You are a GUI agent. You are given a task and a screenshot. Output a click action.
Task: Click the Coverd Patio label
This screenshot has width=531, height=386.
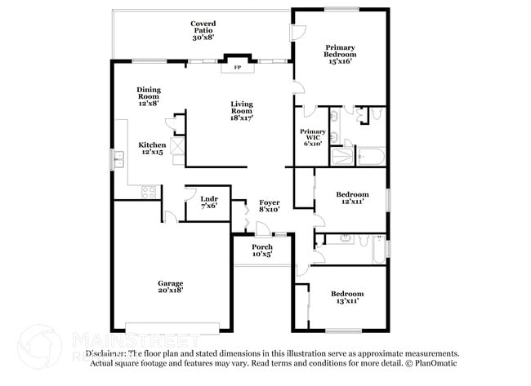tap(203, 31)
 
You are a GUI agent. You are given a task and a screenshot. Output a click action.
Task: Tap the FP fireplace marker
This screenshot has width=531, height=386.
tap(238, 68)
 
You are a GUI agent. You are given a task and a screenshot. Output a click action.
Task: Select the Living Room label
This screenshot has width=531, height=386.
tap(241, 109)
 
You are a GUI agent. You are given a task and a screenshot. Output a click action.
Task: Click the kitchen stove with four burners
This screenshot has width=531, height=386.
tap(149, 192)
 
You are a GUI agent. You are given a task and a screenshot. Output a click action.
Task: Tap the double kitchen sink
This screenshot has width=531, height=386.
tap(121, 159)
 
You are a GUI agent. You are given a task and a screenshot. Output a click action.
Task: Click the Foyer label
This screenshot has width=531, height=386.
tap(270, 206)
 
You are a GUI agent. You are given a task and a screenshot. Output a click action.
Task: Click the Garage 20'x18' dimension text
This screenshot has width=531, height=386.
tap(171, 290)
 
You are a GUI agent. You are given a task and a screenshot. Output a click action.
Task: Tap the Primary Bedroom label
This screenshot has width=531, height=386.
tap(340, 55)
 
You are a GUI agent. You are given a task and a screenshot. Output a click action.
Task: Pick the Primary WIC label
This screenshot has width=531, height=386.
tap(312, 136)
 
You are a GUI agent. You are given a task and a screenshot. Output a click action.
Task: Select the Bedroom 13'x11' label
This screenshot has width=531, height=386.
tap(347, 297)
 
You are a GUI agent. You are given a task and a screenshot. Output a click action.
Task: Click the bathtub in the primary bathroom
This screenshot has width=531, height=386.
tap(372, 156)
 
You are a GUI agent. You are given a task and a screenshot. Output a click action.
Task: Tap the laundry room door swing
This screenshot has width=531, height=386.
tap(169, 215)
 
